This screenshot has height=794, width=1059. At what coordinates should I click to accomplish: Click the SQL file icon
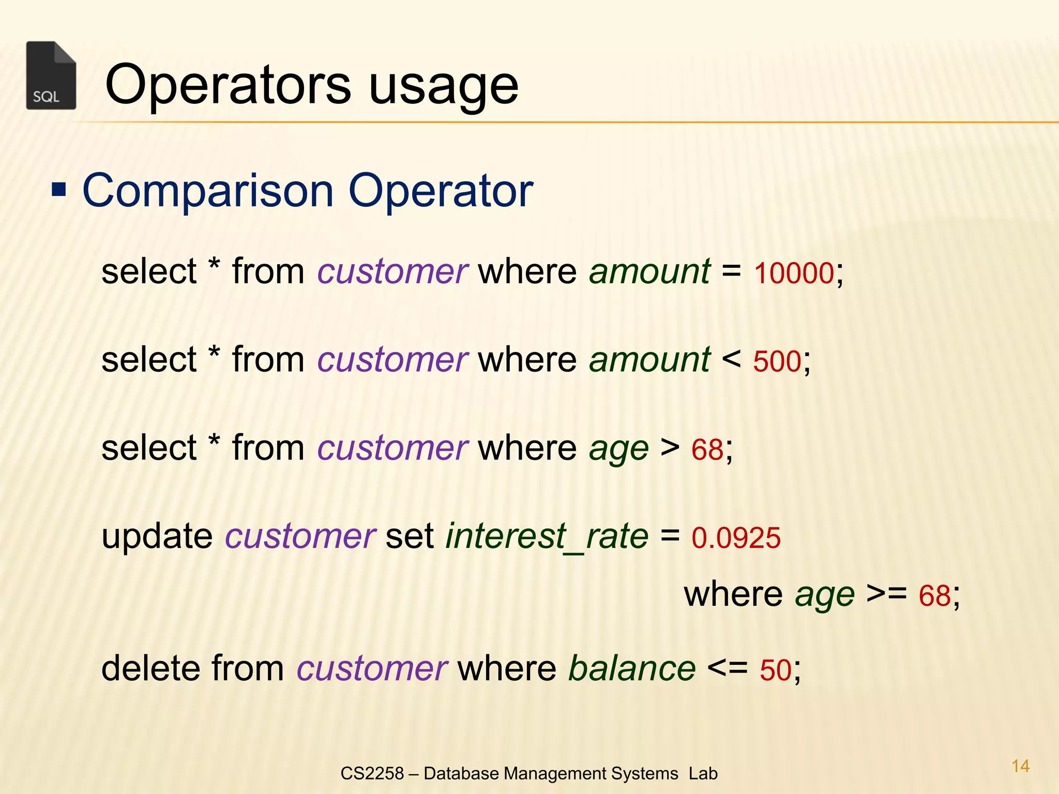51,75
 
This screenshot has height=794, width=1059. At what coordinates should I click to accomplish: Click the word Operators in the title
228,84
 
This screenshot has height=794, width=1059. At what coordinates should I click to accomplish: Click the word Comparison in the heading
208,192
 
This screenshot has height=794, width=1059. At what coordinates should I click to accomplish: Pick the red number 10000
794,273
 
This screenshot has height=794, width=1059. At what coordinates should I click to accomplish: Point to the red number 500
777,361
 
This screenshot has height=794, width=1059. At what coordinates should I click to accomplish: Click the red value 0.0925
736,538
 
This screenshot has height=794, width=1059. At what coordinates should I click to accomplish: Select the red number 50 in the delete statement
776,670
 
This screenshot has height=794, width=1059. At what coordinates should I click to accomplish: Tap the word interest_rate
547,537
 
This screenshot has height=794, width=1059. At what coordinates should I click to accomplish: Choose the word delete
149,668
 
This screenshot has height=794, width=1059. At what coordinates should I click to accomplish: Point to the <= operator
727,668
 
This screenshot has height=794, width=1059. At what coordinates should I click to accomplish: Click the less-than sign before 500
731,359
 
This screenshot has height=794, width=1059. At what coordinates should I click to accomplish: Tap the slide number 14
1020,766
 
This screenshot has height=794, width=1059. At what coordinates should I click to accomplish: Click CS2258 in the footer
372,773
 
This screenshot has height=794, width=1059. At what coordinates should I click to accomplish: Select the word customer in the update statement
300,537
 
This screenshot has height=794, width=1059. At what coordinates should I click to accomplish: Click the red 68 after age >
707,449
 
